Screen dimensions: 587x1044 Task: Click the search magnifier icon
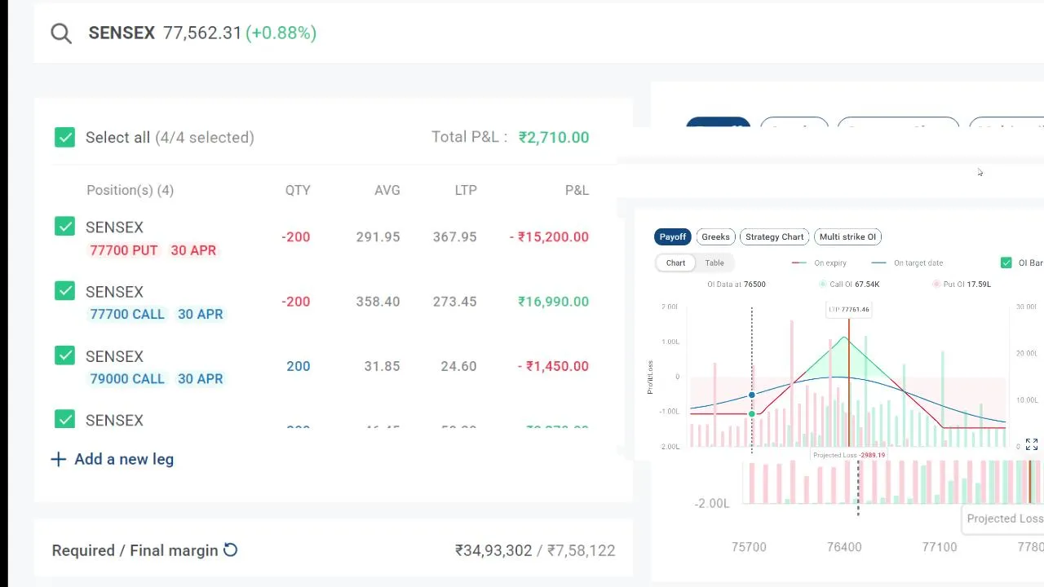click(x=61, y=33)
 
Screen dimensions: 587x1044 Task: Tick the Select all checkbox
click(x=64, y=137)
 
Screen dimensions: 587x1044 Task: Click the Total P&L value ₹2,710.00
click(x=553, y=137)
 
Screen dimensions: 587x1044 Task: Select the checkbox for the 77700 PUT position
click(x=64, y=227)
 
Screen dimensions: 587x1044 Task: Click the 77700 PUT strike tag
click(x=123, y=250)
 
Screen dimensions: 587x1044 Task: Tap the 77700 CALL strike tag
click(x=126, y=314)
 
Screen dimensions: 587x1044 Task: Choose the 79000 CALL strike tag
click(x=126, y=378)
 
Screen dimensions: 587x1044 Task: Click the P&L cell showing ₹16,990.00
click(x=553, y=302)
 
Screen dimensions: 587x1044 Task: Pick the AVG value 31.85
click(x=382, y=366)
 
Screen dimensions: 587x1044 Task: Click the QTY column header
click(x=298, y=190)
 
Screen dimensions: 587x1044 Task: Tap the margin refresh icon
click(x=231, y=550)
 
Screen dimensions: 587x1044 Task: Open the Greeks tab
click(x=715, y=236)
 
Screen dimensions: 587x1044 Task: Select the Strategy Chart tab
click(x=774, y=236)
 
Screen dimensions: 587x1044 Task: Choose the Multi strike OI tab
click(x=847, y=236)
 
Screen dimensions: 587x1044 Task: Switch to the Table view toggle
click(x=714, y=263)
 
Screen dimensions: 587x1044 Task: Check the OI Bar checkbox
click(x=1006, y=263)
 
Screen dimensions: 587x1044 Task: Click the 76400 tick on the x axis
click(x=844, y=547)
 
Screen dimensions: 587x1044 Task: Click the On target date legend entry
click(x=918, y=263)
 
